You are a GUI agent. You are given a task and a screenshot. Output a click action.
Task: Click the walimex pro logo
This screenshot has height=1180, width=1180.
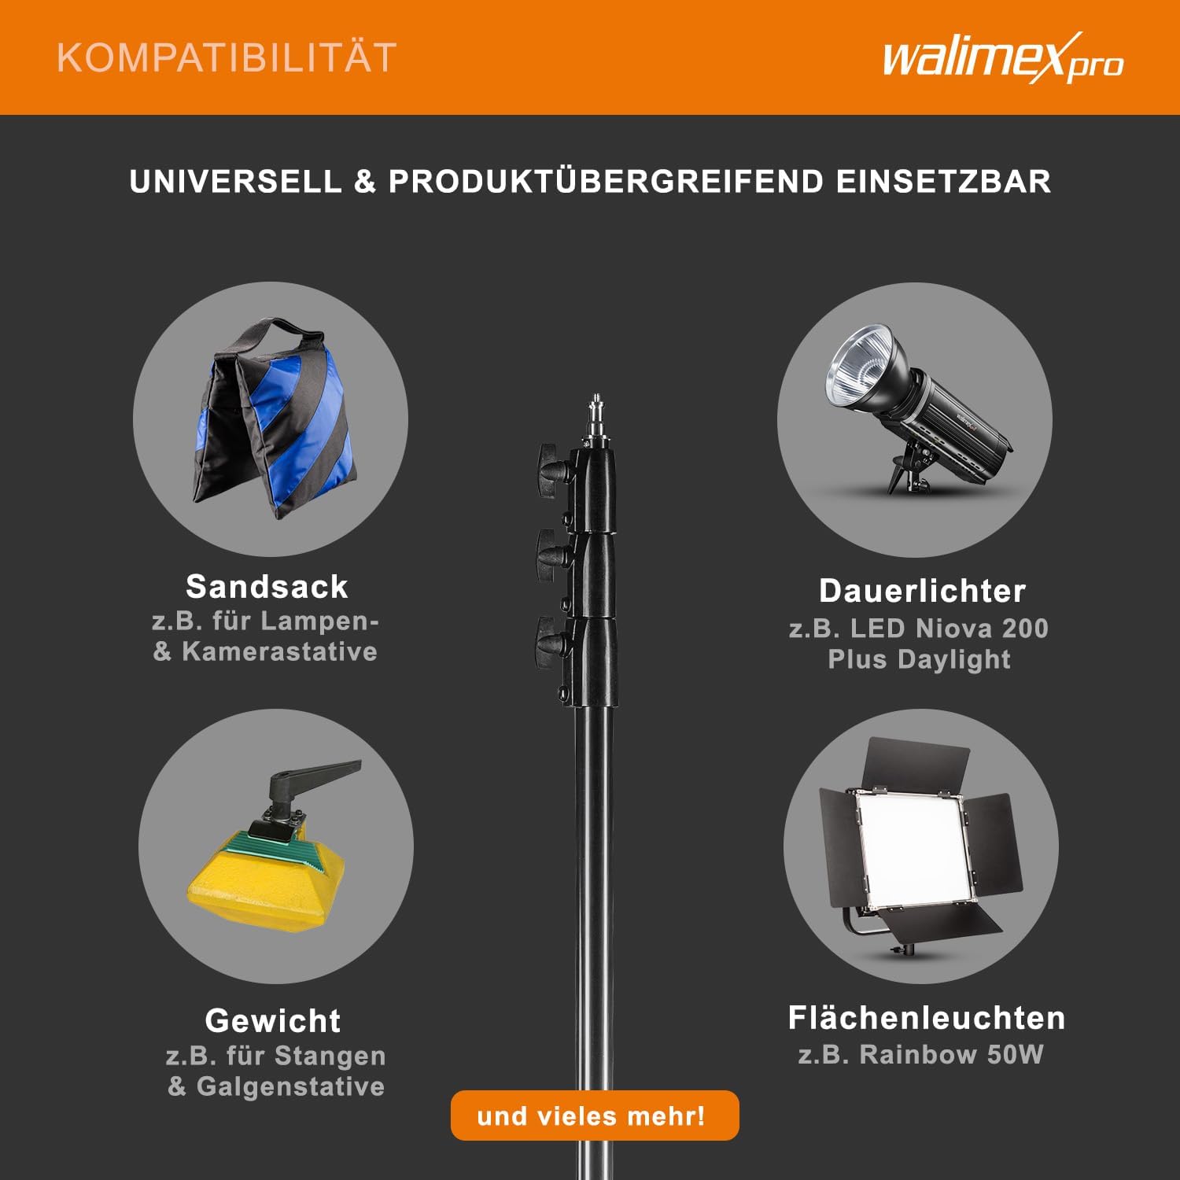1003,58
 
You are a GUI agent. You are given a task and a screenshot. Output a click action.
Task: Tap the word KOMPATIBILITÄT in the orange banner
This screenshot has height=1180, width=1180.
227,58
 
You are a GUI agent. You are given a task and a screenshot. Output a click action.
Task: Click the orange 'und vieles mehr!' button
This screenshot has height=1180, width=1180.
595,1115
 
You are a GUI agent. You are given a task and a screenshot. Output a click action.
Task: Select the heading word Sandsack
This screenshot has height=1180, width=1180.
267,587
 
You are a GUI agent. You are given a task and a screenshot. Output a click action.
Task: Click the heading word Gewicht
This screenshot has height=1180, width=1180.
272,1021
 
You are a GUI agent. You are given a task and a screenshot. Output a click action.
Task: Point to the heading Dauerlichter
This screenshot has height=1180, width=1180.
922,591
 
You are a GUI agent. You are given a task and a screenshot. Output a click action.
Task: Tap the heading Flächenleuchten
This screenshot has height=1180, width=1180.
927,1018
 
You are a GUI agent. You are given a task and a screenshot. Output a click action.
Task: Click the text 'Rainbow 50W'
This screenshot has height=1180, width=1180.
952,1054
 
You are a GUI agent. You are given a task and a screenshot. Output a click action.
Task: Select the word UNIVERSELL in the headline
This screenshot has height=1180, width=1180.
235,182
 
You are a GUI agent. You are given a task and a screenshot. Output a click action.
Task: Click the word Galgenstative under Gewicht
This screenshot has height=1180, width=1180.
290,1086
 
